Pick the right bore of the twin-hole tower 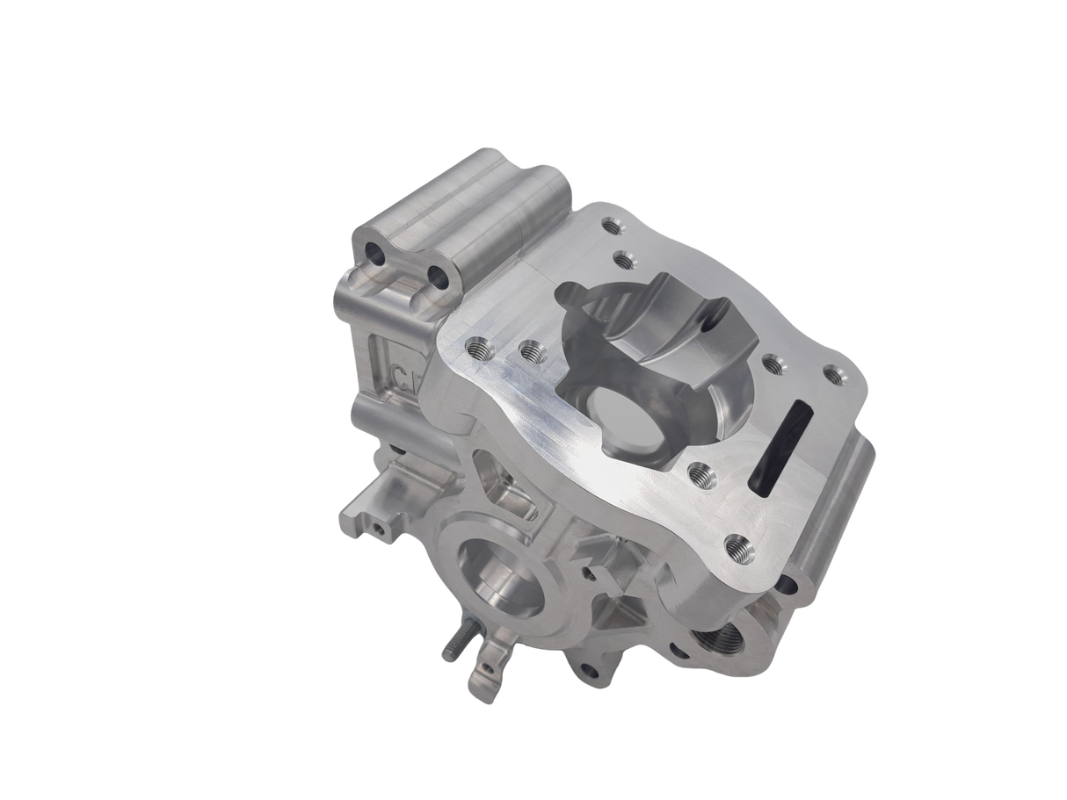(436, 279)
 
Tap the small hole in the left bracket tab (377, 529)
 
